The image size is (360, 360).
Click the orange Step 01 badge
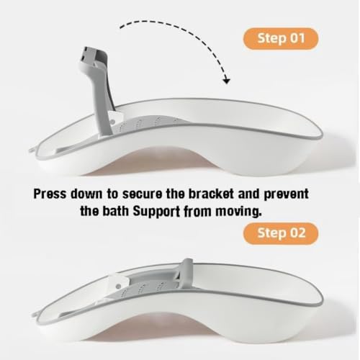coord(281,39)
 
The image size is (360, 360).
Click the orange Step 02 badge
coord(281,233)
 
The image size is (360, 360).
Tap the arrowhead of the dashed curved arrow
coord(226,81)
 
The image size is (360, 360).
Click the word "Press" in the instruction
coord(50,194)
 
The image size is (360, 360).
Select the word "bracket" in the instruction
coord(211,194)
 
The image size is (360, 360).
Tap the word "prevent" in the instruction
coord(286,194)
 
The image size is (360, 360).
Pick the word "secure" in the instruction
coord(142,194)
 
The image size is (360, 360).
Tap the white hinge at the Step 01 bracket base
coord(114,119)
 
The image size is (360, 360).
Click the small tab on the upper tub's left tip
coord(33,149)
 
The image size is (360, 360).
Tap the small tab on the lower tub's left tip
coord(37,315)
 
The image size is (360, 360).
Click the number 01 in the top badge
coord(297,38)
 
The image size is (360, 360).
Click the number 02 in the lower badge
coord(297,233)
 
